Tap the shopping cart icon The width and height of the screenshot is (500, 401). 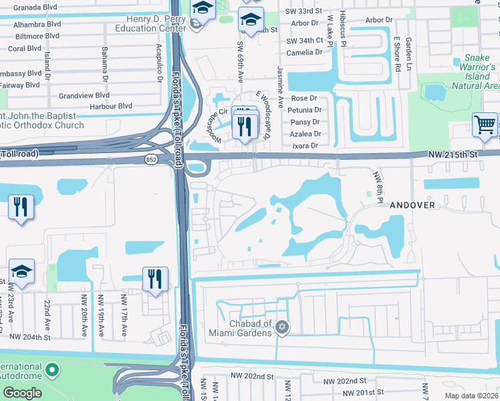coord(485,125)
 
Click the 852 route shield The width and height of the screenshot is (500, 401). coord(151,160)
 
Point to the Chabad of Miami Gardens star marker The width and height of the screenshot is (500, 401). coord(282,327)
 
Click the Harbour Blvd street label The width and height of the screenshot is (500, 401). coord(108,106)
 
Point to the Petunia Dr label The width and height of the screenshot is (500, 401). coord(305,110)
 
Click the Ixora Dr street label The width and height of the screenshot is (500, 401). coord(306,144)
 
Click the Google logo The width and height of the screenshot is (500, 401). coord(22,392)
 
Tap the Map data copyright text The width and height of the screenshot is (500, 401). coord(473,396)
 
